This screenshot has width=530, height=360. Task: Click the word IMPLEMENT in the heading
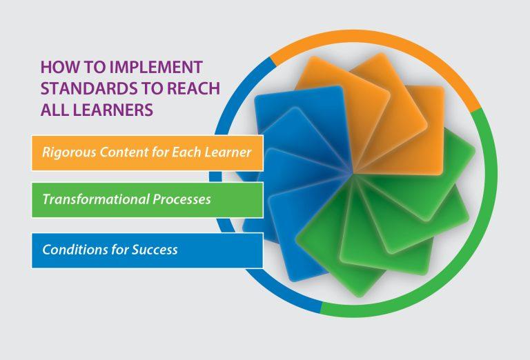coord(157,67)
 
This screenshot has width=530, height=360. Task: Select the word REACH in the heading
coord(194,88)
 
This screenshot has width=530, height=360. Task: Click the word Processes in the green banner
coord(182,199)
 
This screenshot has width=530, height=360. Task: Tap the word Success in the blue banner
coord(155,250)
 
